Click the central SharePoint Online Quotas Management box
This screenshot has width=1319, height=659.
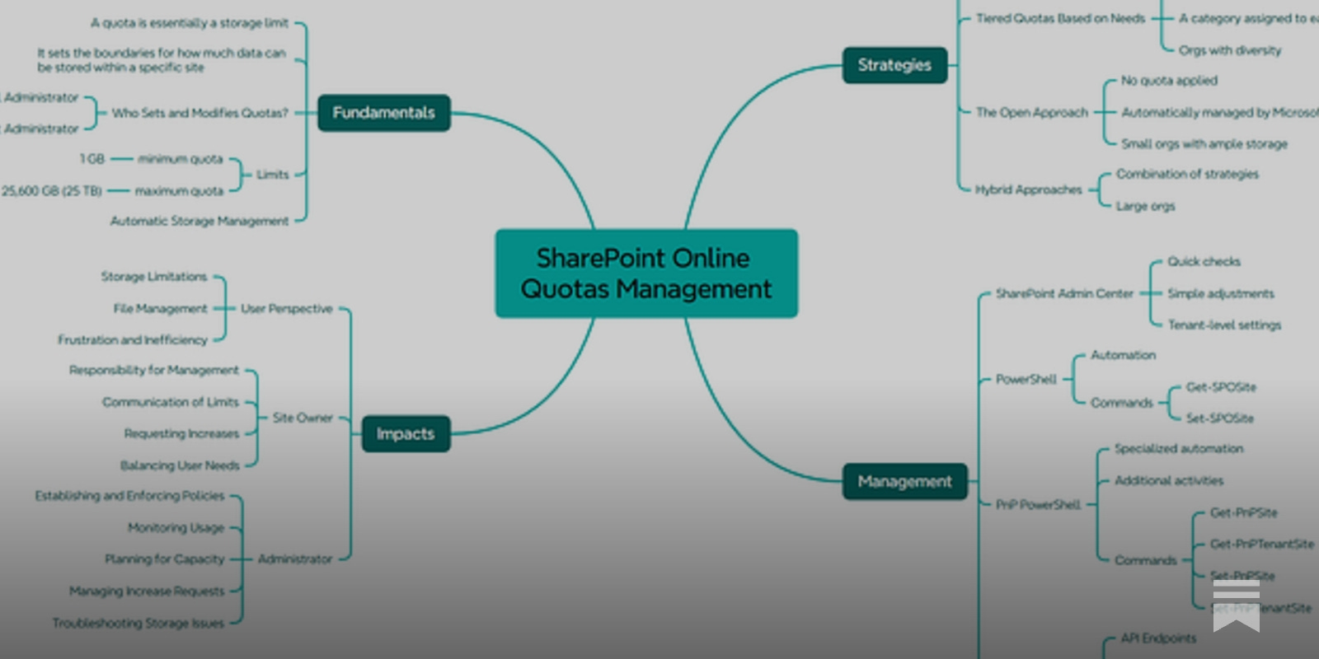click(646, 273)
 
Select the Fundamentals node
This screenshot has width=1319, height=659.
click(383, 113)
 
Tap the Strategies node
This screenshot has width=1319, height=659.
click(894, 65)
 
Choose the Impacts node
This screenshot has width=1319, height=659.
click(406, 434)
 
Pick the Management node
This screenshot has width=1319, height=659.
click(904, 482)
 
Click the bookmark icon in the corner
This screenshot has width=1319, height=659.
click(1236, 605)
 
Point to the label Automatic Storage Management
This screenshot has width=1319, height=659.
click(199, 221)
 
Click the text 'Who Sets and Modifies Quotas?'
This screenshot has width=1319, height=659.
click(200, 113)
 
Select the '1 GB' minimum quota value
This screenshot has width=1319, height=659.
click(92, 159)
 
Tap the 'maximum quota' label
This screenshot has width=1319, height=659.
click(179, 191)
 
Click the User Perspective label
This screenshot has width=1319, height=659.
click(286, 309)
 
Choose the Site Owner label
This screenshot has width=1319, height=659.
click(303, 418)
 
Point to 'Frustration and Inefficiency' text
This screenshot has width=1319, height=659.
click(133, 340)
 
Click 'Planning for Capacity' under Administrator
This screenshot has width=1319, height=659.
click(164, 559)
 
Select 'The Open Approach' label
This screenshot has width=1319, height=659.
click(1032, 113)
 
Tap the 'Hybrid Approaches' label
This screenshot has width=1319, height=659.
click(1029, 190)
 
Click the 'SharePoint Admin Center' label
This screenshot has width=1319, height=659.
click(1064, 294)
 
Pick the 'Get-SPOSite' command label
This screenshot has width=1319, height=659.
click(1221, 387)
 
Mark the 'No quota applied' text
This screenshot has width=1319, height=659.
click(1169, 81)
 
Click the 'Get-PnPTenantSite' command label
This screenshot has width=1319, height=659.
click(1262, 544)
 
